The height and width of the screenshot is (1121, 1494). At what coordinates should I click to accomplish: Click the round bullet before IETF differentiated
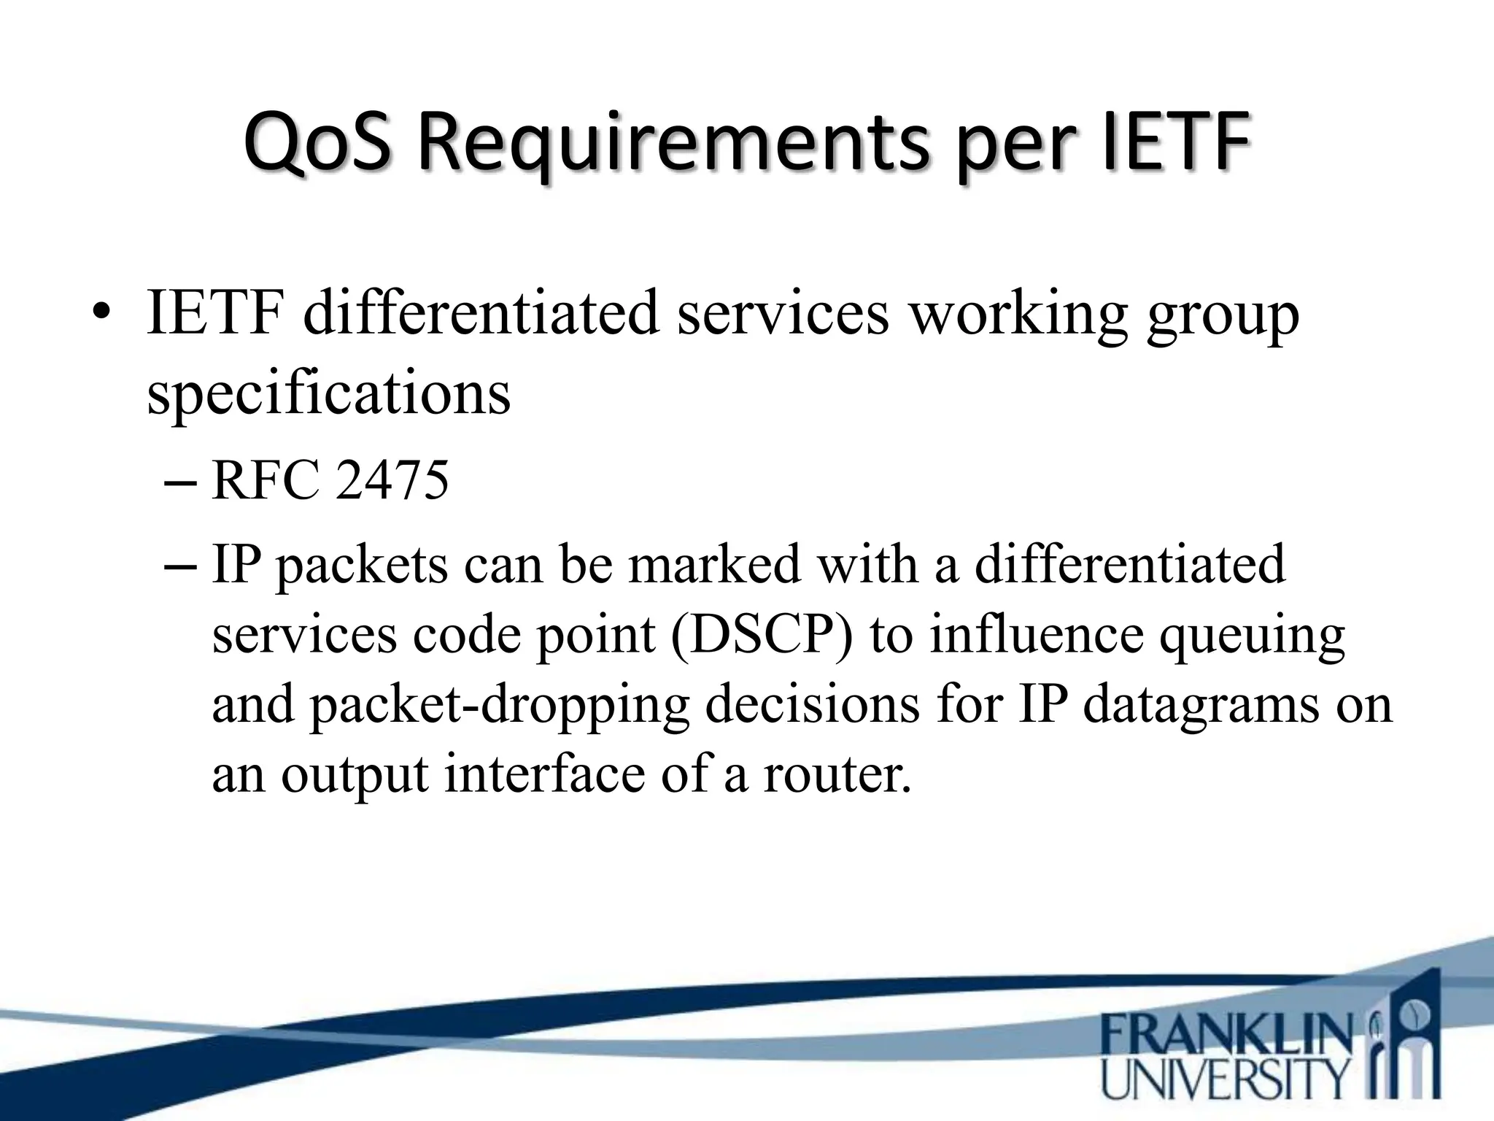coord(101,316)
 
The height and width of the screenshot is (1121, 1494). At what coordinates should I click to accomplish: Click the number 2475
coord(391,481)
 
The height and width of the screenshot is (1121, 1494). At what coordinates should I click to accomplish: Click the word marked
coord(714,565)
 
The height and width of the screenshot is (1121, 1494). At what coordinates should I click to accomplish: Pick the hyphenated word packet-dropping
coord(500,705)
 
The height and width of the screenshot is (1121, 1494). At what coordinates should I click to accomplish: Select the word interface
coord(544,774)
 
